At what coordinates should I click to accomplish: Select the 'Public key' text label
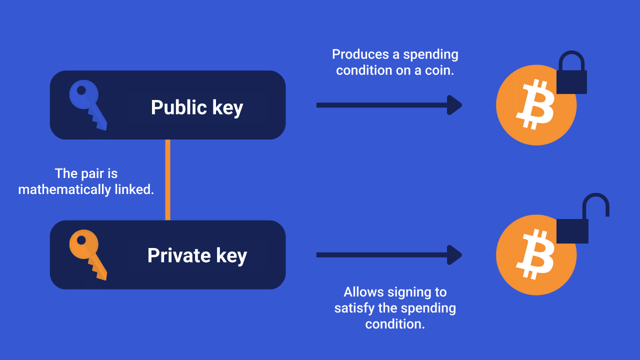(x=196, y=107)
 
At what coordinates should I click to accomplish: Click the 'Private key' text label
(x=197, y=255)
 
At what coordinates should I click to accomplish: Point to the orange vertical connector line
(x=167, y=180)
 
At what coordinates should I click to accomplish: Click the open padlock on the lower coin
(x=573, y=230)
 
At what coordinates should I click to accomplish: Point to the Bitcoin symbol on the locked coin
(x=535, y=105)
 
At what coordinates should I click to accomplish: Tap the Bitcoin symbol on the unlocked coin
(x=535, y=254)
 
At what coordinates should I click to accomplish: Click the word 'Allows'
(x=362, y=292)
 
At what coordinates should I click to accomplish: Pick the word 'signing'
(x=408, y=292)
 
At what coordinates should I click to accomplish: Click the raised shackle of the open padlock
(x=596, y=202)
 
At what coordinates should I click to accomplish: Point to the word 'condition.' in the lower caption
(x=395, y=324)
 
